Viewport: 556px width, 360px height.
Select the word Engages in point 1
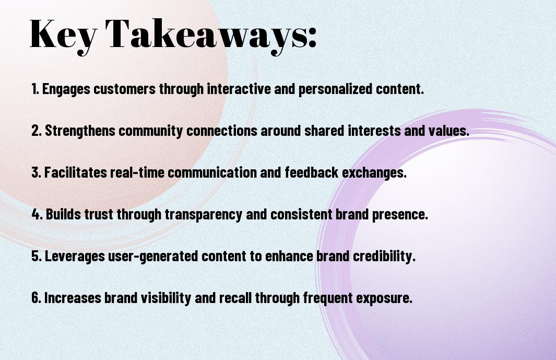(x=66, y=89)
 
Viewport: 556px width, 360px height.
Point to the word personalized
(x=335, y=89)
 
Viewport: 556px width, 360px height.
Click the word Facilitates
(x=75, y=172)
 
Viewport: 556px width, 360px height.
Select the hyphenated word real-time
(x=137, y=172)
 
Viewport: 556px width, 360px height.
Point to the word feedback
(x=312, y=172)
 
